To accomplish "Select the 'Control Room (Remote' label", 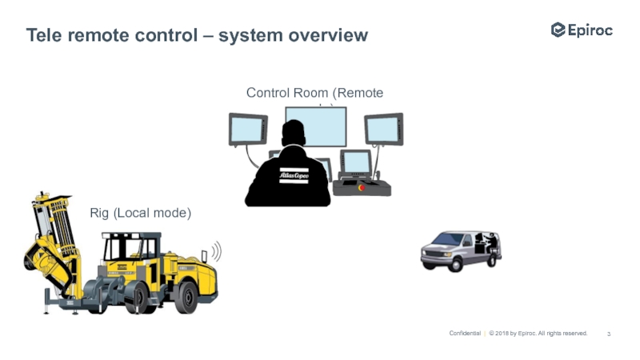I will pos(314,94).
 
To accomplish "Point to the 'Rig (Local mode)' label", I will pos(140,213).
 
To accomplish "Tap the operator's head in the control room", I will pos(294,134).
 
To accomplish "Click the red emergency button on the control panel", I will pos(362,188).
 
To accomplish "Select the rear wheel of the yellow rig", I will pos(185,297).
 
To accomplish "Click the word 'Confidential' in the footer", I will pos(464,333).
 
